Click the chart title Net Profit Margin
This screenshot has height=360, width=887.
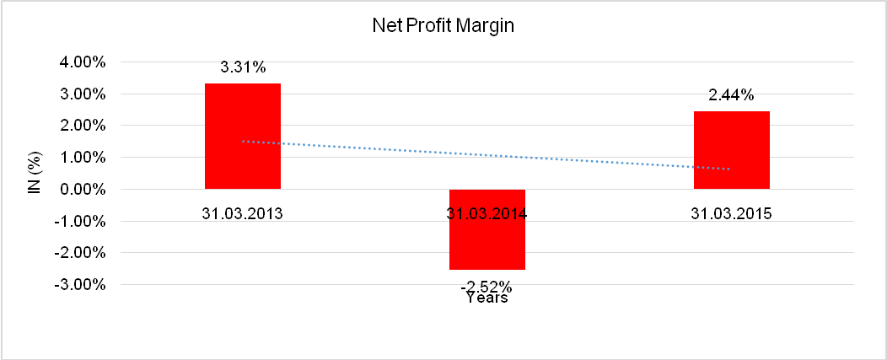(443, 26)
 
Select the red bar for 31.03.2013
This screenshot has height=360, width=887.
(243, 136)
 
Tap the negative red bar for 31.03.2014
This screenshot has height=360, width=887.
(487, 240)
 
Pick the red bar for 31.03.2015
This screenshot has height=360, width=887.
(732, 150)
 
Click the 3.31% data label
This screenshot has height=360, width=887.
(243, 68)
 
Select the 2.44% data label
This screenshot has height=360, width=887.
(732, 96)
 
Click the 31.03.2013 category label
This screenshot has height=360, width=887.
(243, 213)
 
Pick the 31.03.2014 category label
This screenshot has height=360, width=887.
(487, 213)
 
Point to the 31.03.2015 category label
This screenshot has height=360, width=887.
(732, 213)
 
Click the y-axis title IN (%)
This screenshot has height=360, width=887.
(35, 173)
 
